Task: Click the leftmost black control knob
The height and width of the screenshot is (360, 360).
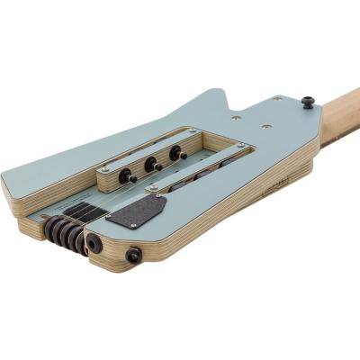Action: click(x=125, y=168)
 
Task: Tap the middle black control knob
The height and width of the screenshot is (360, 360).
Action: click(x=151, y=164)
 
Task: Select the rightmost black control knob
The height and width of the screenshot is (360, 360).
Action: click(x=176, y=154)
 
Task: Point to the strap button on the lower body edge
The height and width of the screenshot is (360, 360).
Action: click(x=135, y=256)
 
